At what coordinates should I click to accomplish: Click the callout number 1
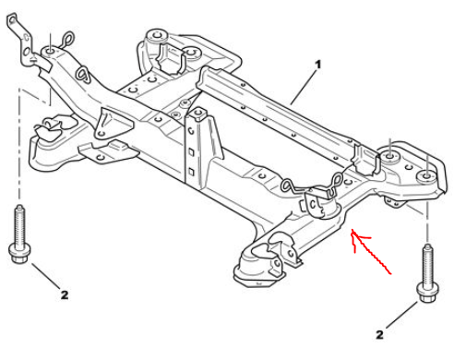tap(318, 65)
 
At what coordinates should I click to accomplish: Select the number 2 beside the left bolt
tap(65, 295)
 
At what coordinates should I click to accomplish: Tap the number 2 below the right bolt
tap(379, 334)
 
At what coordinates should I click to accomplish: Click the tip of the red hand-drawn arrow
tap(352, 230)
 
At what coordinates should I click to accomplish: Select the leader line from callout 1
tap(303, 87)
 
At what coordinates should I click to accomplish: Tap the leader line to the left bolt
tap(45, 275)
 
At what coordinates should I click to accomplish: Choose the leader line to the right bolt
tap(401, 315)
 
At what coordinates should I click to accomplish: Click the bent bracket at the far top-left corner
tap(19, 39)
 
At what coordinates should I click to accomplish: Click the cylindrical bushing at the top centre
tap(157, 36)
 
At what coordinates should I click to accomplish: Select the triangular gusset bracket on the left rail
tap(113, 124)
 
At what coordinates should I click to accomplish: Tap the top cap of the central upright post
tap(197, 114)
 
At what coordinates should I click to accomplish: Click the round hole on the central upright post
tap(191, 131)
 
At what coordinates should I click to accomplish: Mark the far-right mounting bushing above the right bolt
tap(426, 176)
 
